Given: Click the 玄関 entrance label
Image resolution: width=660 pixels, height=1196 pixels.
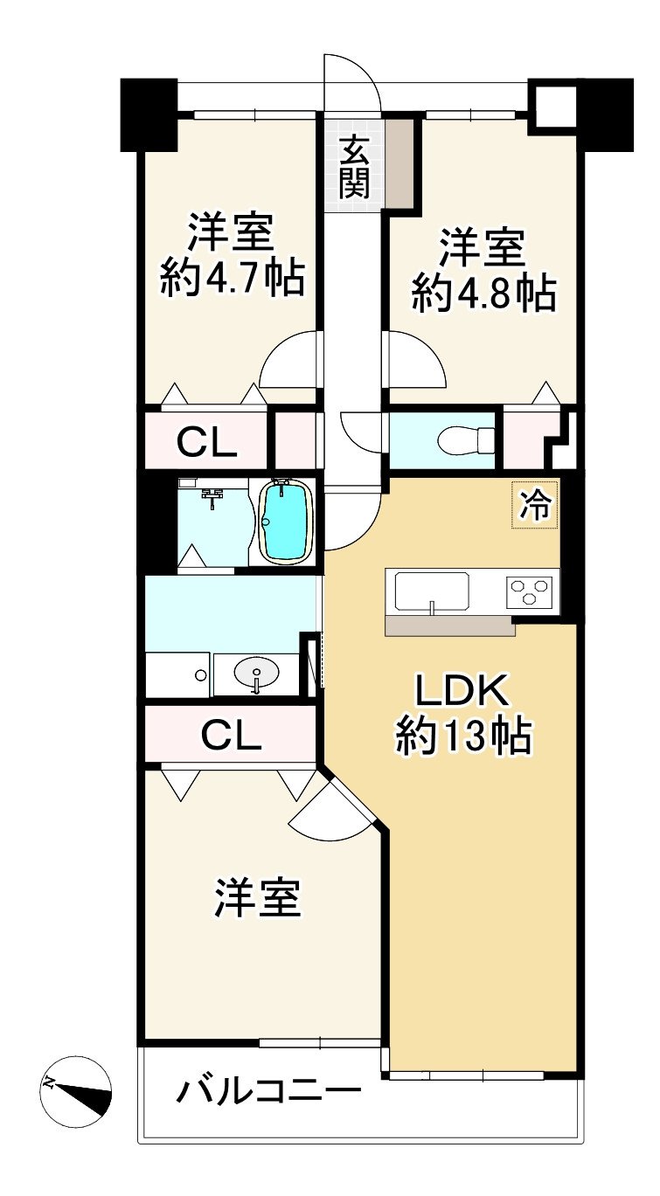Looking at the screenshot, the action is pyautogui.click(x=354, y=167).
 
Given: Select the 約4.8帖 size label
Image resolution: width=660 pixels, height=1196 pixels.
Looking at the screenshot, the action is pyautogui.click(x=483, y=294).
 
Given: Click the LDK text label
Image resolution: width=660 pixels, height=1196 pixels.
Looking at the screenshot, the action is pyautogui.click(x=462, y=691).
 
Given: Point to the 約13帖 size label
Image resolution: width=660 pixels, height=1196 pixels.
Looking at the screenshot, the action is pyautogui.click(x=463, y=737).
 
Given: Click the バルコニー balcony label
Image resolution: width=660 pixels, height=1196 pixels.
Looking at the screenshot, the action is pyautogui.click(x=269, y=1089).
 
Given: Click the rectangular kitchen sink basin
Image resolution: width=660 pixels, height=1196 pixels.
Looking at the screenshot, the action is pyautogui.click(x=431, y=591).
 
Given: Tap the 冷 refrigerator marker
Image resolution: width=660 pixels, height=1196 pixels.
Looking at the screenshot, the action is pyautogui.click(x=535, y=505).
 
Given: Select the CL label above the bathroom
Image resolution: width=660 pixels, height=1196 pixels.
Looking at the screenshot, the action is pyautogui.click(x=207, y=443).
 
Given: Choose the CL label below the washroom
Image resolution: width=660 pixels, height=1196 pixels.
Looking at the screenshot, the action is pyautogui.click(x=231, y=736).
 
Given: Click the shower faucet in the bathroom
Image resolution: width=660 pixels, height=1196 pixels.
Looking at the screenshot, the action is pyautogui.click(x=212, y=496).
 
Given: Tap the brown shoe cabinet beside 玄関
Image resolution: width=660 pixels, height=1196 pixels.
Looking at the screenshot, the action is pyautogui.click(x=400, y=162).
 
